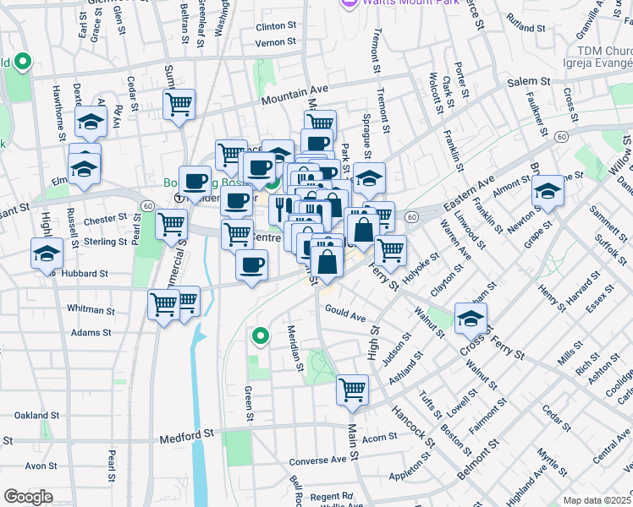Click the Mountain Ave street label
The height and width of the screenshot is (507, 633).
294,94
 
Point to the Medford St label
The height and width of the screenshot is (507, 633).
187,436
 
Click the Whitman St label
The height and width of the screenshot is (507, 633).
91,310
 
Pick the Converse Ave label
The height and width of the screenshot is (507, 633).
318,461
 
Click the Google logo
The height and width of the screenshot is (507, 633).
28,497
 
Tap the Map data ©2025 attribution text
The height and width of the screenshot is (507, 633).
597,500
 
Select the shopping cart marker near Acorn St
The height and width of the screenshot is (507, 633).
352,390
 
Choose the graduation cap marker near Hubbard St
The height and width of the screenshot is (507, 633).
47,253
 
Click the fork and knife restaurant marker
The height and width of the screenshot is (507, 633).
281,208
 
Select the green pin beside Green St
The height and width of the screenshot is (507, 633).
261,337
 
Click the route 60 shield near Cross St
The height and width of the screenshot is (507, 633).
561,136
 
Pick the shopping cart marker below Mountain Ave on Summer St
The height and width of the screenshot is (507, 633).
179,105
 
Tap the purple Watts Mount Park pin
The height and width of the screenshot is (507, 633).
347,4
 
